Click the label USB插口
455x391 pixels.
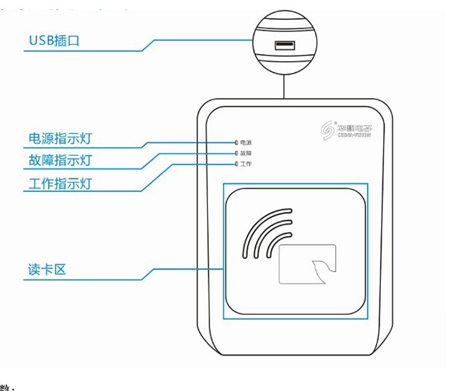click(54, 41)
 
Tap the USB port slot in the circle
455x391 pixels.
click(284, 45)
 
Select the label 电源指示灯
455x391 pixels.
click(60, 137)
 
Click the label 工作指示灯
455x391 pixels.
click(60, 183)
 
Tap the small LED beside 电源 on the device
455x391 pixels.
click(236, 143)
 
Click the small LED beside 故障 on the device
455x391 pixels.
click(236, 154)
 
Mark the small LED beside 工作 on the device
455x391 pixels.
click(236, 164)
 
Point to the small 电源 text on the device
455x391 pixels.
click(246, 143)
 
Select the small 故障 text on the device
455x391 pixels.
click(246, 154)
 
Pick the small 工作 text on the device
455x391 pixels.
click(246, 164)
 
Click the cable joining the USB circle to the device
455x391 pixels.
click(284, 87)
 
